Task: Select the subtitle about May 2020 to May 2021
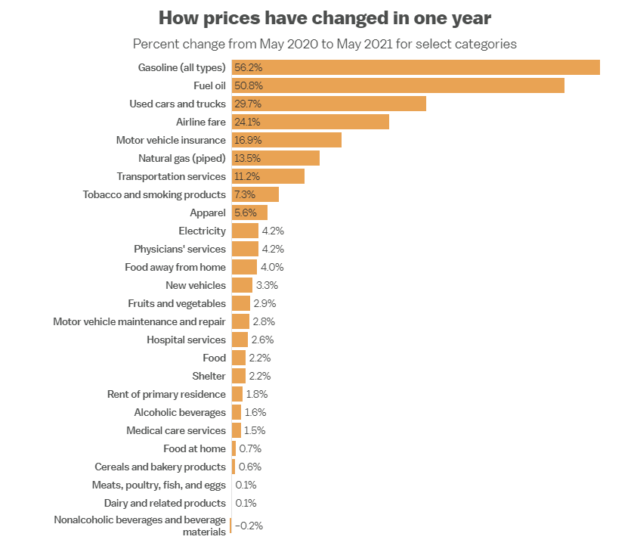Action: (325, 43)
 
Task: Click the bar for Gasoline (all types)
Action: (416, 67)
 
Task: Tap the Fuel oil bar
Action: (398, 85)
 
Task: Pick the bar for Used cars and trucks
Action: (329, 104)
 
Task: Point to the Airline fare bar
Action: (311, 122)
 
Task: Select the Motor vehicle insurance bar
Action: (286, 140)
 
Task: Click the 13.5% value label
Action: (246, 158)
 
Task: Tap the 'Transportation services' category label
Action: (171, 176)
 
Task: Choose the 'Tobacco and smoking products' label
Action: (154, 194)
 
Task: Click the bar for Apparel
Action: (249, 212)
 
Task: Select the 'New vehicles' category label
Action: (195, 285)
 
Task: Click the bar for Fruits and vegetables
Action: (241, 303)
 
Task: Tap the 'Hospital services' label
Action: (186, 340)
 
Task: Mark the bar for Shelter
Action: (239, 376)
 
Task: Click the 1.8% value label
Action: (257, 394)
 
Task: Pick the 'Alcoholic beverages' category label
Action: (180, 412)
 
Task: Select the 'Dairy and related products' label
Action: (165, 503)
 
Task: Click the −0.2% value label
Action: (249, 526)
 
